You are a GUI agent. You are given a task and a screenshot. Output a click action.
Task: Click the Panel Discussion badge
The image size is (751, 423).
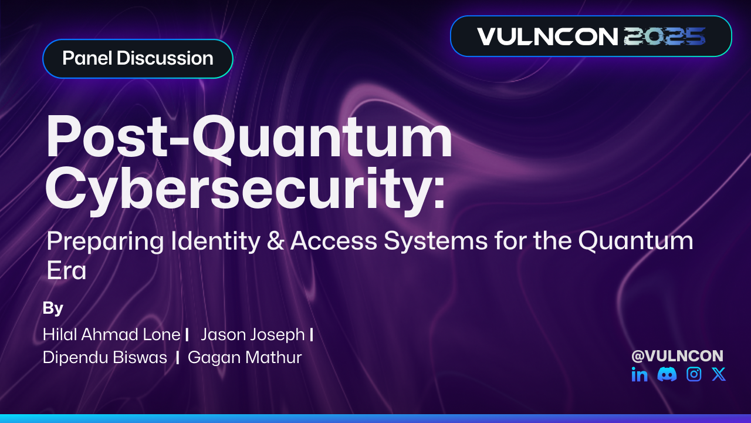137,59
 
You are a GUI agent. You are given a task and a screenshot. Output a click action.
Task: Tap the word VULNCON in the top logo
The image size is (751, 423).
547,36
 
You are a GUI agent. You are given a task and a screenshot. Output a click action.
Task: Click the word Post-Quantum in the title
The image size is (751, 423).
249,138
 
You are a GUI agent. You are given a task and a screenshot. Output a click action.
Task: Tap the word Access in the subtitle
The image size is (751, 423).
329,241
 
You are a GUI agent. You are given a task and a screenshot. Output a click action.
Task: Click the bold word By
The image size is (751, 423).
53,308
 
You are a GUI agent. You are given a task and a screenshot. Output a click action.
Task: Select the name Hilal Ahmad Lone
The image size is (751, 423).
111,334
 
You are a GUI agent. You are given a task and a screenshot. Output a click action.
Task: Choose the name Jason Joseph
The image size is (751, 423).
253,334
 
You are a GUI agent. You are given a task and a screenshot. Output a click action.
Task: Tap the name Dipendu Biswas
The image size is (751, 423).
105,357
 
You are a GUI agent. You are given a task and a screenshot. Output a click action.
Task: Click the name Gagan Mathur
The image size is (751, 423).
245,357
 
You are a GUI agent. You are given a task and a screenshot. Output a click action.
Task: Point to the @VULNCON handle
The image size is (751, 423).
677,355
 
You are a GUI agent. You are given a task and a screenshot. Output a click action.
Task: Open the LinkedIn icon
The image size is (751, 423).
640,374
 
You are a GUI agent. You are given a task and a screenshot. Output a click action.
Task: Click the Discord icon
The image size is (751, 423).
667,374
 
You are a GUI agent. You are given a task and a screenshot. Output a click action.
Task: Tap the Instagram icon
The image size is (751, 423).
694,374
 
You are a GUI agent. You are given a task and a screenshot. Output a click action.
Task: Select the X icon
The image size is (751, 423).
719,374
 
